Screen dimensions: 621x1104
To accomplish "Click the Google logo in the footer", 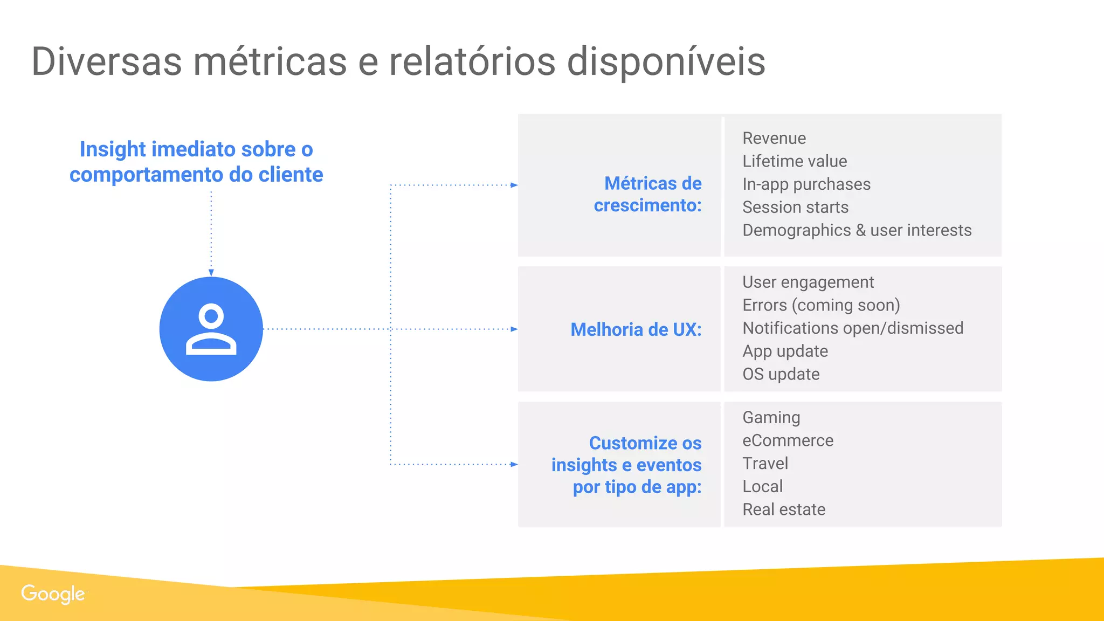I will point(53,594).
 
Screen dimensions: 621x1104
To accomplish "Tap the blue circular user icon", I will point(211,329).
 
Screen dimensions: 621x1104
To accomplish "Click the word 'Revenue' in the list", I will point(774,139).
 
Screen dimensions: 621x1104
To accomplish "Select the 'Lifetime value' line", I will point(795,161).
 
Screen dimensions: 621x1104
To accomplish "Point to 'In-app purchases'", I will point(806,184).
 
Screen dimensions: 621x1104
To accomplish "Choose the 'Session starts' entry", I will point(795,208).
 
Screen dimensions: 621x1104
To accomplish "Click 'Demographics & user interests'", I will point(857,231).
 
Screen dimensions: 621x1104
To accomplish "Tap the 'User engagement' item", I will point(808,282).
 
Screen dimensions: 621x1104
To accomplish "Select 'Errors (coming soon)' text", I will point(821,306).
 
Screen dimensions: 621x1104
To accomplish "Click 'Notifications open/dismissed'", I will point(853,328).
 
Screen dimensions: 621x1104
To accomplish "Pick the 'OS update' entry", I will point(781,375).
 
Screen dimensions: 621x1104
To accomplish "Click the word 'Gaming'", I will point(771,418).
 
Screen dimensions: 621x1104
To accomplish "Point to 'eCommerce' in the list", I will point(788,441).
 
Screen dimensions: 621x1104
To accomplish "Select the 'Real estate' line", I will point(784,510).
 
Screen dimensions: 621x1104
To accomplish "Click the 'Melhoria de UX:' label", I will point(636,329).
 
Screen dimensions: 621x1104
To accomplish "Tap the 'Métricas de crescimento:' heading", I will point(648,195).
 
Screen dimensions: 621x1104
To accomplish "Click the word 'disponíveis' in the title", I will point(666,61).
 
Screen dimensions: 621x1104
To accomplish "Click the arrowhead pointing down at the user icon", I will point(211,273).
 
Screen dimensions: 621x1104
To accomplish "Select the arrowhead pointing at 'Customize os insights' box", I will point(514,464).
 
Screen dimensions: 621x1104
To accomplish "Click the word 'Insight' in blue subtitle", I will point(113,150).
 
